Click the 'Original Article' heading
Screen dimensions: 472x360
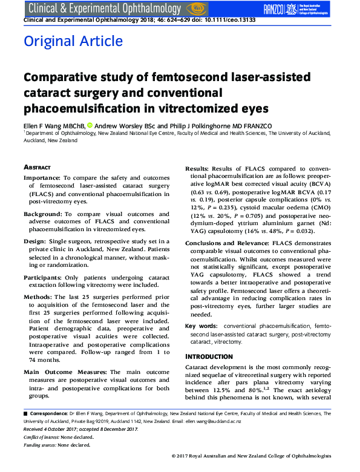tap(73, 42)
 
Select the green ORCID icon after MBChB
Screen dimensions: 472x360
tap(90, 125)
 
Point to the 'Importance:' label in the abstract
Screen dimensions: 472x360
tap(43, 178)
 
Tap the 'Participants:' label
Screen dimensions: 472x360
tap(44, 277)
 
